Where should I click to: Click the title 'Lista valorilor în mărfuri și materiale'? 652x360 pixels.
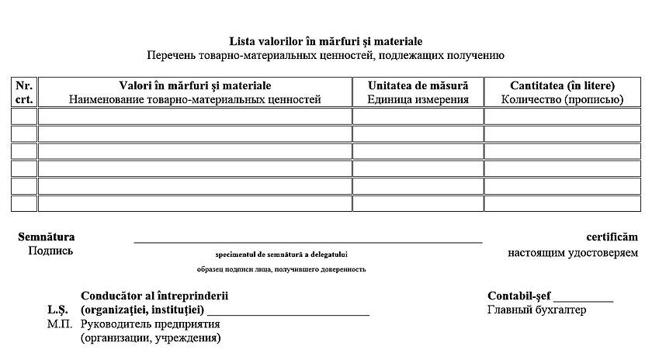326,41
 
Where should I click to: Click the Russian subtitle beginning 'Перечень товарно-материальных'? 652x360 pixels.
326,55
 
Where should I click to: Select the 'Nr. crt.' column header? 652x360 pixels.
24,92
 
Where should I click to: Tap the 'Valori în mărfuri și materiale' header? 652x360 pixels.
195,92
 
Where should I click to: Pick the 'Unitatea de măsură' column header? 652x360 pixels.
418,92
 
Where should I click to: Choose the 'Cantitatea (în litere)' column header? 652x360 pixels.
562,92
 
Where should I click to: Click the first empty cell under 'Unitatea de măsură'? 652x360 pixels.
418,116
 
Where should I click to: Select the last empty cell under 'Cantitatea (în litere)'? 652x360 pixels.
562,203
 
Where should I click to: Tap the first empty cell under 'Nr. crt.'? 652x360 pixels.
24,116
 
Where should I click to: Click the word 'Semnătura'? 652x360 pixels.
46,237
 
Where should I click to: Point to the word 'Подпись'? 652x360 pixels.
50,251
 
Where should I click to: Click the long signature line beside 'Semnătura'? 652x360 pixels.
308,241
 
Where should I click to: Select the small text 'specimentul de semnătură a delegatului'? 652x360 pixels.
282,254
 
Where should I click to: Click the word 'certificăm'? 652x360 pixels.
612,237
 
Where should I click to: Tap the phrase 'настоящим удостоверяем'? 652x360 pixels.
573,252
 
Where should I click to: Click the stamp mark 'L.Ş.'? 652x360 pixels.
59,310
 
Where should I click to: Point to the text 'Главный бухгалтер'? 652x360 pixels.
537,310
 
